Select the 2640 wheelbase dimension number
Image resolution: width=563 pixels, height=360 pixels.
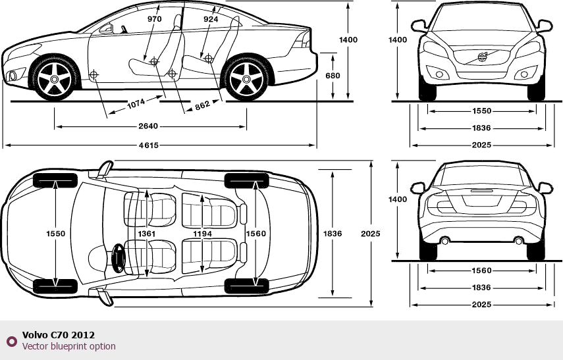(x=147, y=126)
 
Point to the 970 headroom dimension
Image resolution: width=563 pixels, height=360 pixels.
(x=154, y=19)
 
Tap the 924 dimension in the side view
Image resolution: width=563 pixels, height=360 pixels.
(x=211, y=19)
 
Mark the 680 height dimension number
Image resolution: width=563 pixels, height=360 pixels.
(x=333, y=76)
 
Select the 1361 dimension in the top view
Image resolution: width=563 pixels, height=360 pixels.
(x=146, y=234)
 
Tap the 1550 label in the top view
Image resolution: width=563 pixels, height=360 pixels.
(x=55, y=234)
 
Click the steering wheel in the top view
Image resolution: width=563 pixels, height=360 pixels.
(x=119, y=258)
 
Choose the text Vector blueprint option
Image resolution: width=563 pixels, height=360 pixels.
(x=68, y=346)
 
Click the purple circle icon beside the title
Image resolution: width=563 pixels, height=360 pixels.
(x=11, y=341)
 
